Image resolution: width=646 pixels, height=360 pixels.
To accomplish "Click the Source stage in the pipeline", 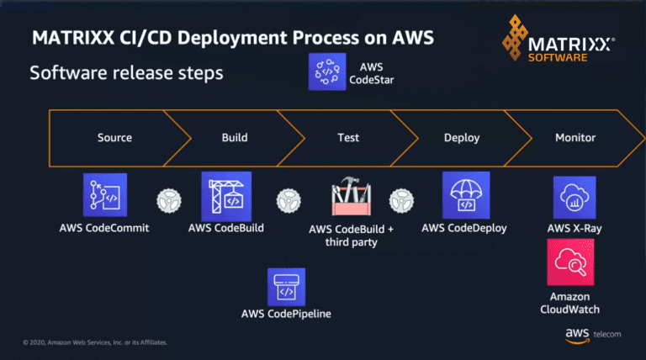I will click(x=114, y=136).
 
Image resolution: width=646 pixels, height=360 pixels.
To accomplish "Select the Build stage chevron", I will click(x=235, y=136).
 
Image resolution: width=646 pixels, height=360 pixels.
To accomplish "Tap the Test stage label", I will click(x=348, y=136).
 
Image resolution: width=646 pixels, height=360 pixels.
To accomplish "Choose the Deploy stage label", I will click(x=461, y=136).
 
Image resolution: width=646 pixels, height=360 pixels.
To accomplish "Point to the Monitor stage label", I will click(x=575, y=136).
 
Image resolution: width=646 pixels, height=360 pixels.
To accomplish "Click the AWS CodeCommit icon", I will click(x=105, y=196).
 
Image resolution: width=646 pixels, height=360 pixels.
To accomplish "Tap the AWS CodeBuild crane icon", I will click(x=226, y=196).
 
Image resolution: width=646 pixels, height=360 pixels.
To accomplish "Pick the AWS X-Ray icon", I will click(x=575, y=197).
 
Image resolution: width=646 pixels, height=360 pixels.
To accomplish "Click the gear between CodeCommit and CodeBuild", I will click(x=168, y=202).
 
